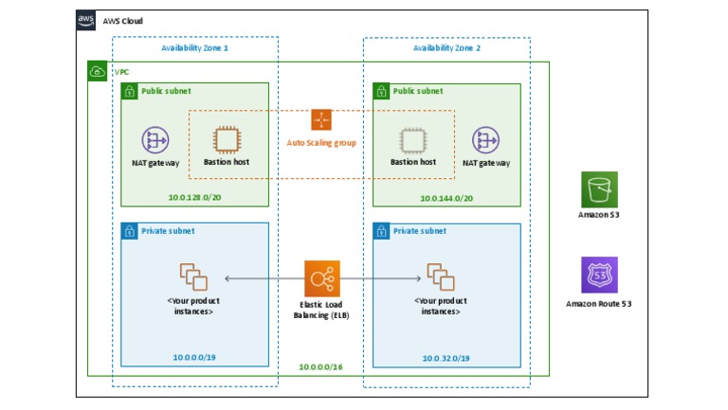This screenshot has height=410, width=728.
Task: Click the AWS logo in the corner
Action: (x=86, y=20)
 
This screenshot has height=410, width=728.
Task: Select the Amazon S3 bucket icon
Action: (x=599, y=189)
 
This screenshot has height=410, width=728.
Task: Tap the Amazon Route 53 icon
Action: (x=599, y=275)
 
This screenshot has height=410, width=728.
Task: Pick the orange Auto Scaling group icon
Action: (x=321, y=120)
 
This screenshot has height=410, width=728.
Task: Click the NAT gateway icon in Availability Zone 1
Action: (x=155, y=140)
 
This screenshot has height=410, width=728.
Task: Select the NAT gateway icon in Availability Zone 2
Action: (x=486, y=140)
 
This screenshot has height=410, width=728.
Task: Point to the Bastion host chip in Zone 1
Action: (x=227, y=140)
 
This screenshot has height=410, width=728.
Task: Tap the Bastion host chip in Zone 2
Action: (x=412, y=140)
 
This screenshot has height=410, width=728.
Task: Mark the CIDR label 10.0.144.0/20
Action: (x=446, y=198)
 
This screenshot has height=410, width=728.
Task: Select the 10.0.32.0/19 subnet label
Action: (x=446, y=358)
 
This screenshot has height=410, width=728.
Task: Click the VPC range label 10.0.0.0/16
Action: (x=321, y=366)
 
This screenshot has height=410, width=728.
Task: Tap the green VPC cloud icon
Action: (x=97, y=72)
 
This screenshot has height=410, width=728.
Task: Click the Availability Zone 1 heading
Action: (x=194, y=47)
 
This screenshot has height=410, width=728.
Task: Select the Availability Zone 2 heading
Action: (x=446, y=47)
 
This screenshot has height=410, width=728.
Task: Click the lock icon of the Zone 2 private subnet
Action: (x=382, y=231)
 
